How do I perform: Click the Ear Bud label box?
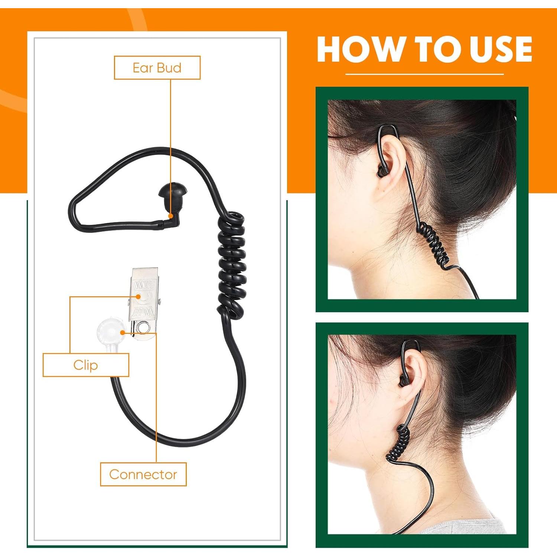coord(157,68)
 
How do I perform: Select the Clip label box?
coord(86,365)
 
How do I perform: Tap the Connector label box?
coord(143,474)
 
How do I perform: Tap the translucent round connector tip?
coord(111,329)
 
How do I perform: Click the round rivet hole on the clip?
coord(142,327)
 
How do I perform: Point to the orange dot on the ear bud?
coord(171,215)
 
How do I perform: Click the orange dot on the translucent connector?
coord(122,333)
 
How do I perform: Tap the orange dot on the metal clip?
coord(138,297)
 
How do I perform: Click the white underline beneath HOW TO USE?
coord(424,74)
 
